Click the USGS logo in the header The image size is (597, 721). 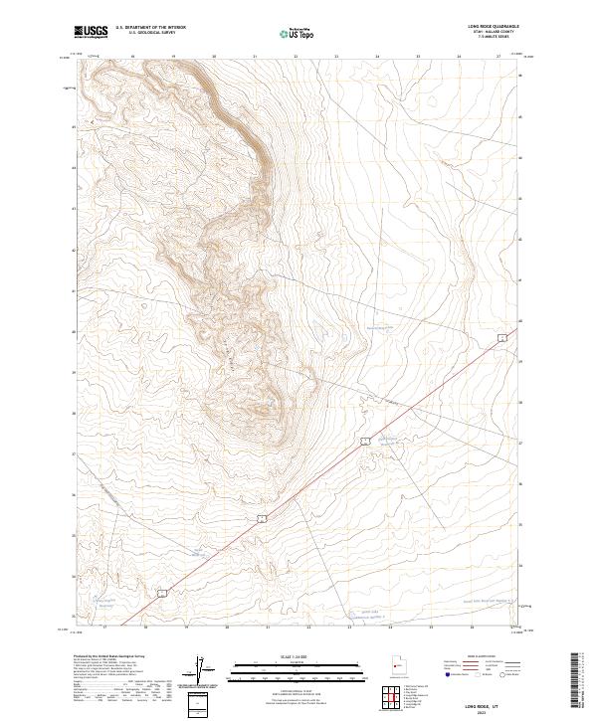point(91,32)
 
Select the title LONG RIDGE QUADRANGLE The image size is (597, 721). point(489,27)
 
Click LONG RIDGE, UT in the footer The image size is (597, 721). point(489,703)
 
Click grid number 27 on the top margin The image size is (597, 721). point(499,57)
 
